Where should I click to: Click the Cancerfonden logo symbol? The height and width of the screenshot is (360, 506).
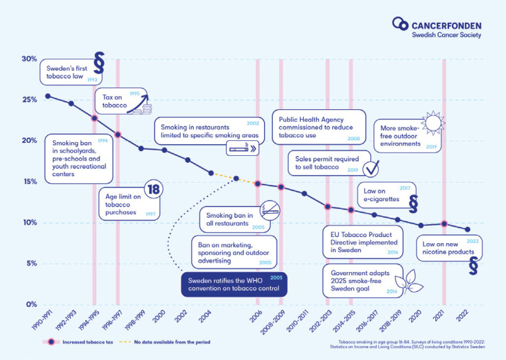coord(399,25)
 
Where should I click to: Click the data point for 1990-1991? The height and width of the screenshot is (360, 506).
coord(47,96)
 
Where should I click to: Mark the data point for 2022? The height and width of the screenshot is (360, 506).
coord(467,229)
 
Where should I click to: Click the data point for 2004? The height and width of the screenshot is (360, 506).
coord(211,173)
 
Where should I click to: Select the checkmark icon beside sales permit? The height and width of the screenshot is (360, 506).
coord(371,168)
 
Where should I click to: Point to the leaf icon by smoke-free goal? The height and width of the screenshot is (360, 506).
coord(410,280)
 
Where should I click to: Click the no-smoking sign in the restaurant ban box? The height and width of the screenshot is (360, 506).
coord(271,209)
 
